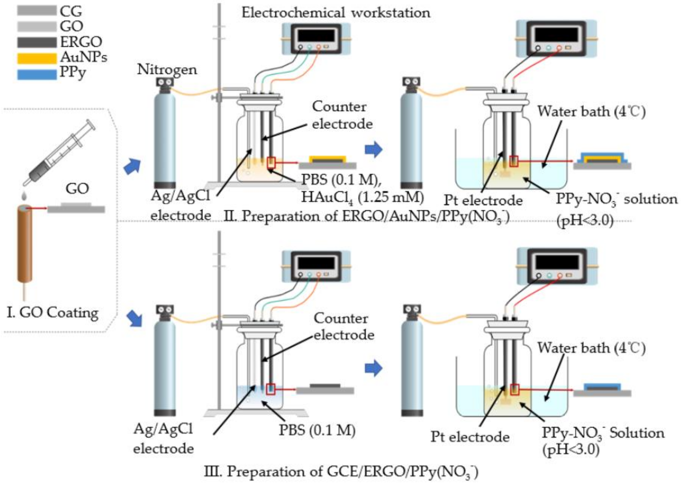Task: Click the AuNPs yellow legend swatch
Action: [x=36, y=58]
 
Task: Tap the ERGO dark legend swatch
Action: [x=36, y=42]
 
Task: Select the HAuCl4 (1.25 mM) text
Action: [x=362, y=197]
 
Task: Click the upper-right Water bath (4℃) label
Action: [x=591, y=112]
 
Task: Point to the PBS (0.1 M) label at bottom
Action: [x=317, y=430]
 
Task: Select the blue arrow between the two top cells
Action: [x=373, y=150]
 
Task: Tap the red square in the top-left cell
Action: [x=271, y=162]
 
